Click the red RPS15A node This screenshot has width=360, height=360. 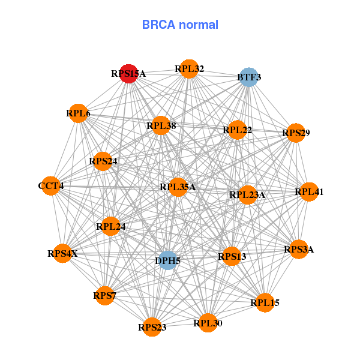point(129,74)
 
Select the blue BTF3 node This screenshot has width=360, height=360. point(248,77)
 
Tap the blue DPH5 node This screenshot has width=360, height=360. point(168,260)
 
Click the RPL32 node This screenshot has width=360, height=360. point(189,69)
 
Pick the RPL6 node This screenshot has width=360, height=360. point(79,113)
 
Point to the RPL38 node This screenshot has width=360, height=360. point(161,125)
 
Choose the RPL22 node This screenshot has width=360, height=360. point(237,130)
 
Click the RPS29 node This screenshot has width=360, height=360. point(296,133)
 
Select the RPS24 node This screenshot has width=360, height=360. point(103,161)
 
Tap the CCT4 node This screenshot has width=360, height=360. point(51,186)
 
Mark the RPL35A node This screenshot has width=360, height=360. point(178,187)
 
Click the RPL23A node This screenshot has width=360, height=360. point(247,194)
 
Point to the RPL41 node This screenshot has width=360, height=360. point(309,192)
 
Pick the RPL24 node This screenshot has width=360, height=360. point(111,227)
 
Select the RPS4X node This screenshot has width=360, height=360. point(63,253)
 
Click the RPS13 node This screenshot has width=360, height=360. point(232,257)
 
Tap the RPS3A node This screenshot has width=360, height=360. point(299,249)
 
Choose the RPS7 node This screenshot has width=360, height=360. point(105,295)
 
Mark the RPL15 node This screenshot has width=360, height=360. point(265,302)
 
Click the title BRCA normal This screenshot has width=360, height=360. point(180,25)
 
